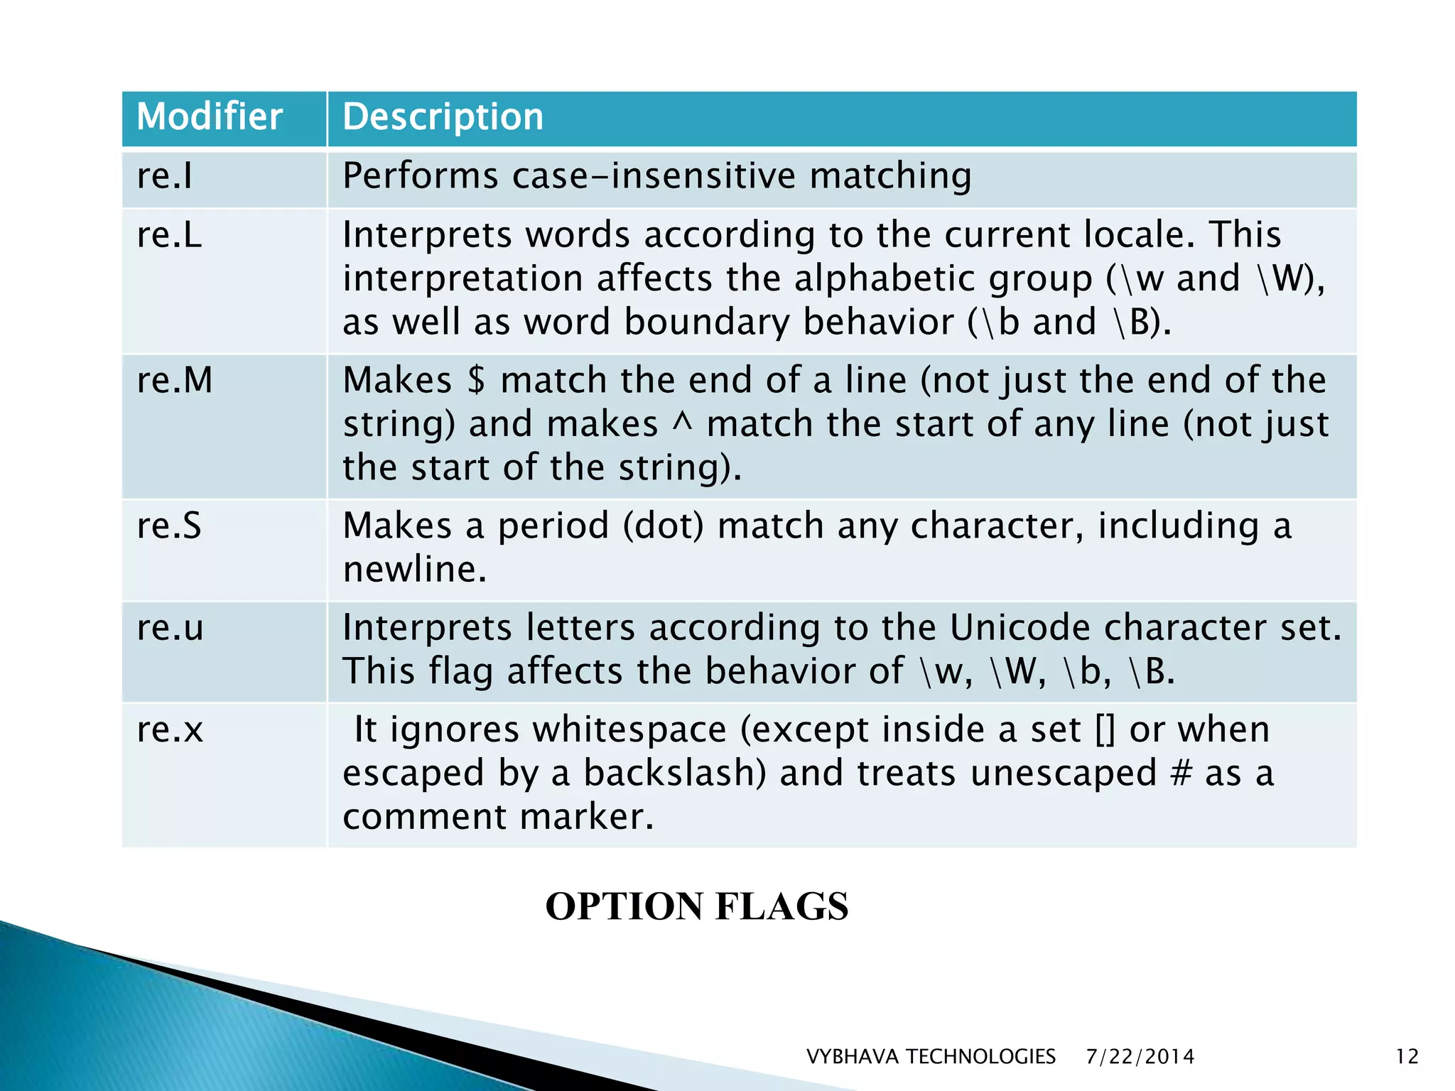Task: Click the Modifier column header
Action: (x=209, y=117)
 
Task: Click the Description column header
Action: (x=443, y=117)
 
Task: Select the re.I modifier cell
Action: (x=165, y=176)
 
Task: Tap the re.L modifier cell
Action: (x=169, y=235)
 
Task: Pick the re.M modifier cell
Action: (x=175, y=380)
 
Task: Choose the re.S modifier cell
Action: (x=169, y=526)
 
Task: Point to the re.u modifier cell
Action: (x=170, y=628)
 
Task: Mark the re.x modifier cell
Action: (x=170, y=729)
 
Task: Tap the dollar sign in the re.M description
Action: (x=477, y=380)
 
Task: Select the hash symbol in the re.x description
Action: (x=1180, y=774)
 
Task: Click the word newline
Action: (x=414, y=570)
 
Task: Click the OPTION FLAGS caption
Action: (x=696, y=906)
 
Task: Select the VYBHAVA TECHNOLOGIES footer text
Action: (x=931, y=1057)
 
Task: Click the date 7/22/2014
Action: (x=1140, y=1057)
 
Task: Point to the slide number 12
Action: (x=1407, y=1057)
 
